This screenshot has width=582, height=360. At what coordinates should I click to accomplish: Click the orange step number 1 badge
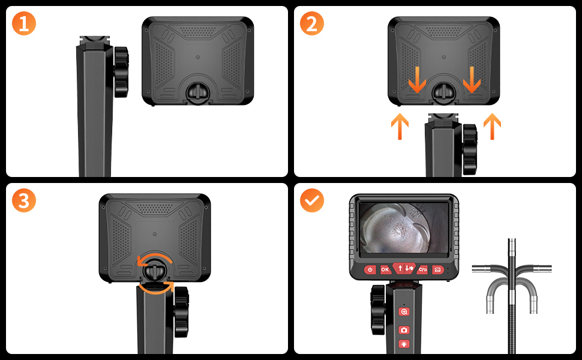24,23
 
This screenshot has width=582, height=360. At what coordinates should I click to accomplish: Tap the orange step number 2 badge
312,23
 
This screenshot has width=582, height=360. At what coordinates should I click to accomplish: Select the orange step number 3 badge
24,200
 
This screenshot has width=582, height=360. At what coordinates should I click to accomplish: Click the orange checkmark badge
312,200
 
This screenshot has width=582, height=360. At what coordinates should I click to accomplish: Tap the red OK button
385,269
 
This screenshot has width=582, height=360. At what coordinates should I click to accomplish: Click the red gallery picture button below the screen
437,270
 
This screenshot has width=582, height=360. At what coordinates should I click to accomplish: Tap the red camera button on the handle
404,329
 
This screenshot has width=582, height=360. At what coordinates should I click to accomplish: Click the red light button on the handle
404,344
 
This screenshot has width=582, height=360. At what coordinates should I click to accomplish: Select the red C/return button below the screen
423,269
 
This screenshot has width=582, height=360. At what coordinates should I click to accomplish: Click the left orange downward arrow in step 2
417,80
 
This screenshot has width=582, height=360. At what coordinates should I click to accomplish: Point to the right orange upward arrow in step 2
492,126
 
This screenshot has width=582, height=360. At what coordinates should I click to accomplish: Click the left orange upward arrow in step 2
400,126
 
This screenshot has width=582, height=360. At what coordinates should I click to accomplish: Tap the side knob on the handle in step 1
121,72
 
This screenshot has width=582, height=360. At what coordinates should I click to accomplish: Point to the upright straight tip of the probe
512,253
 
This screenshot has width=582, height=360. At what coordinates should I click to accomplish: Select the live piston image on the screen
404,227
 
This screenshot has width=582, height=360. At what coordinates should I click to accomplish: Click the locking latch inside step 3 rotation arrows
155,269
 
